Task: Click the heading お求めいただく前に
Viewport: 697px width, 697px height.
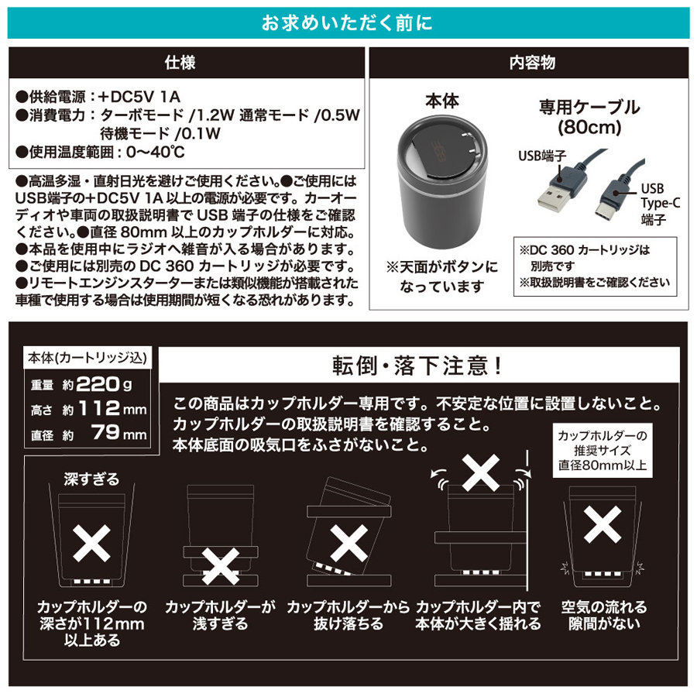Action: tap(347, 23)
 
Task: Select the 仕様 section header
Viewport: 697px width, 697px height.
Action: tap(180, 62)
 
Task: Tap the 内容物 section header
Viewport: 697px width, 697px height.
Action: tap(532, 63)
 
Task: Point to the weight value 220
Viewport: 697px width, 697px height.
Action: tap(98, 384)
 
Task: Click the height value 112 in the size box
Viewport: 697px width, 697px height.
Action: tap(99, 408)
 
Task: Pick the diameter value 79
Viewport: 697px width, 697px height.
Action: tap(105, 432)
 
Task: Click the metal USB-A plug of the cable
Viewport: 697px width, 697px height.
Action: tap(552, 197)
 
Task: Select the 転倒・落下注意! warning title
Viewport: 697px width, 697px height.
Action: tap(417, 366)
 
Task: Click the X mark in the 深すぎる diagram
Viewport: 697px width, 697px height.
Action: tap(91, 543)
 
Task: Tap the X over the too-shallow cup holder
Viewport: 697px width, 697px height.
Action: tap(221, 566)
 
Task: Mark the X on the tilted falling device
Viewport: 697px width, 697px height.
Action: tap(349, 543)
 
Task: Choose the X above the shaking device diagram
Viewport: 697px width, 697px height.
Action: tap(480, 472)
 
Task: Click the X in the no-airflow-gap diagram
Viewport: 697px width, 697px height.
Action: tap(603, 524)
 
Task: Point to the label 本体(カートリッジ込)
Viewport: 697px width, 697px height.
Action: tap(87, 358)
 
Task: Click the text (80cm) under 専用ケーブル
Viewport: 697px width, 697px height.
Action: tap(589, 128)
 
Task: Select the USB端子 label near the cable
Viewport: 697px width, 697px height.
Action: tap(542, 156)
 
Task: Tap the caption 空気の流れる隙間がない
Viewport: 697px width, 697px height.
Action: tap(604, 615)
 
